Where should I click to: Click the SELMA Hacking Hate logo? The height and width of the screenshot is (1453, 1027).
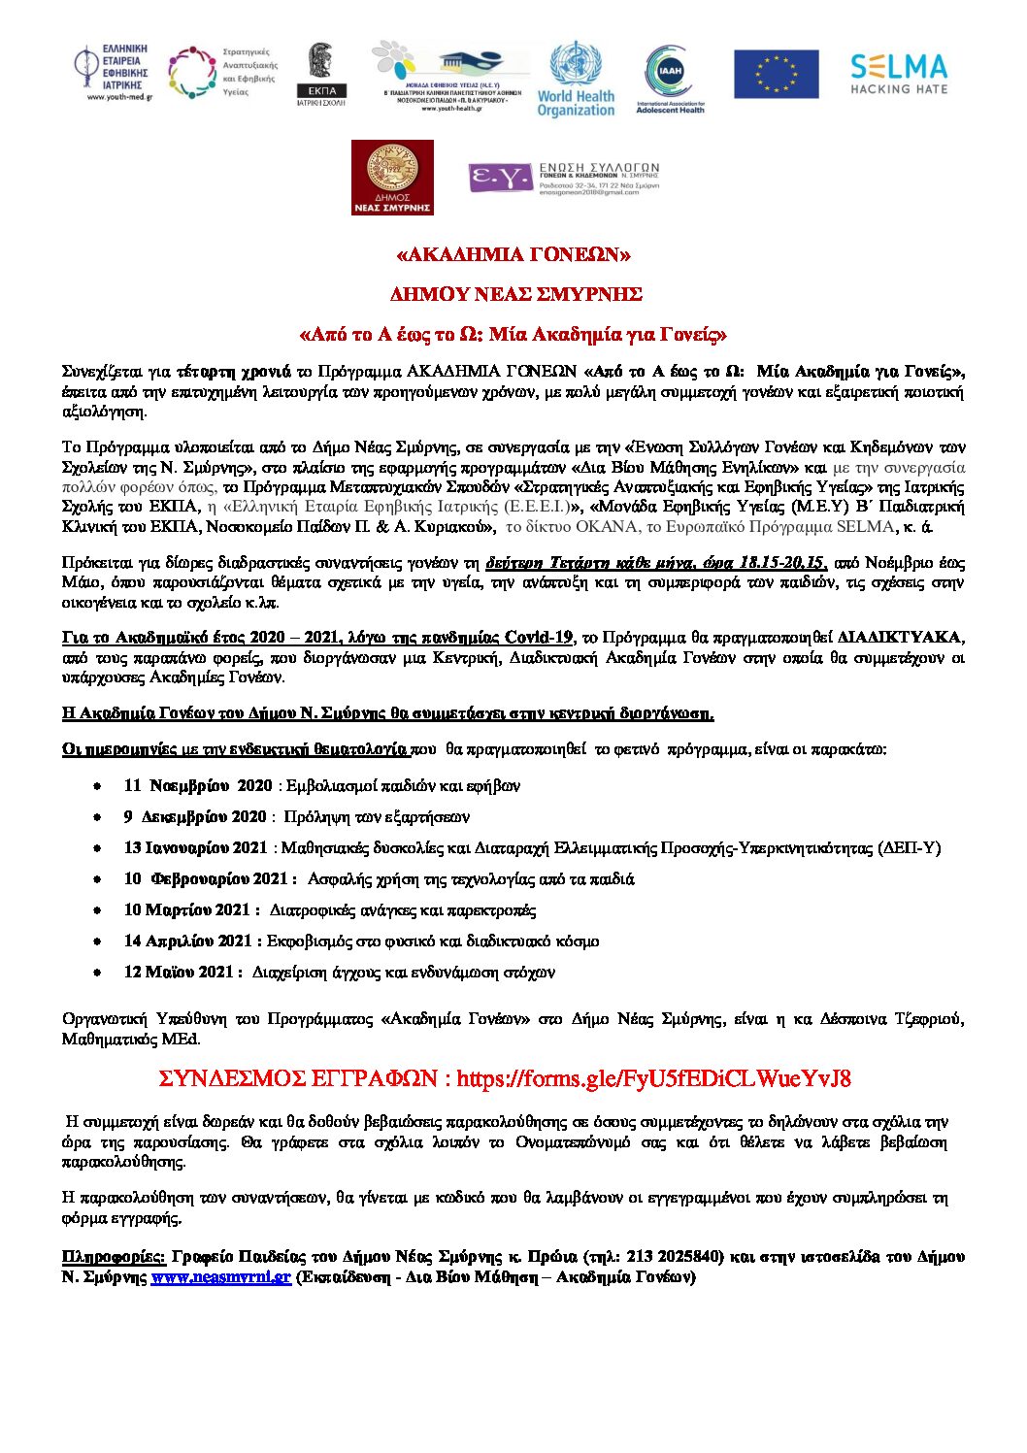pyautogui.click(x=898, y=74)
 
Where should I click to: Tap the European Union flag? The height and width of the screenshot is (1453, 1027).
pyautogui.click(x=776, y=75)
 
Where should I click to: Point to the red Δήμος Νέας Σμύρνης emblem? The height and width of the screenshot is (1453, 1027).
pyautogui.click(x=392, y=177)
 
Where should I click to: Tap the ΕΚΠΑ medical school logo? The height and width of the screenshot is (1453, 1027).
pyautogui.click(x=320, y=74)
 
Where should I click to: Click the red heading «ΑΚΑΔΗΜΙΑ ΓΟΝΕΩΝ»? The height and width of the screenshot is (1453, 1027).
pyautogui.click(x=513, y=255)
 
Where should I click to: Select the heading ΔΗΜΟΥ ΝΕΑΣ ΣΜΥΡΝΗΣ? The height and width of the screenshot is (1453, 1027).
pyautogui.click(x=515, y=294)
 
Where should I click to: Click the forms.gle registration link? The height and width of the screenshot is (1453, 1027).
pyautogui.click(x=653, y=1078)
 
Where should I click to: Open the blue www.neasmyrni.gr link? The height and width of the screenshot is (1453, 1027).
pyautogui.click(x=220, y=1277)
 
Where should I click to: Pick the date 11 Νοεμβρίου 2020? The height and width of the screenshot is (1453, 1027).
pyautogui.click(x=198, y=785)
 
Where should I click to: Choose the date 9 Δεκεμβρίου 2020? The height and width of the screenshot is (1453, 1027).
pyautogui.click(x=194, y=816)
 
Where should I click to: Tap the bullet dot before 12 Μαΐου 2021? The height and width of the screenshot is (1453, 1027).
pyautogui.click(x=98, y=973)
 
